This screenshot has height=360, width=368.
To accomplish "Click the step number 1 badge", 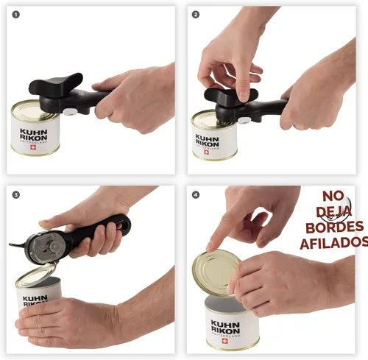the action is point(15,15).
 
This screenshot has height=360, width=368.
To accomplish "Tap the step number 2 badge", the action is point(196,15).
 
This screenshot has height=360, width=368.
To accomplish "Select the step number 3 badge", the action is point(16,195).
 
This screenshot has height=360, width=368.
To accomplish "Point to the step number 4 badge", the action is point(196,195).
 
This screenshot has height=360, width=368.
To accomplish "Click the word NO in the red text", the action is point(333,196).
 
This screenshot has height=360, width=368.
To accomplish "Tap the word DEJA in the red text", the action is point(334,211).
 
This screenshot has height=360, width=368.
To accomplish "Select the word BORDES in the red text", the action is point(335,227).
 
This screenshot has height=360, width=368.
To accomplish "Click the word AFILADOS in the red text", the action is point(334,243).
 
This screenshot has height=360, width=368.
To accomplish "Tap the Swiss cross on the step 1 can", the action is point(33,147).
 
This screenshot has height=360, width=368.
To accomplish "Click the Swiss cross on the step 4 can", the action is point(224,341).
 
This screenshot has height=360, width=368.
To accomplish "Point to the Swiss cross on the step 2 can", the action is point(207,152).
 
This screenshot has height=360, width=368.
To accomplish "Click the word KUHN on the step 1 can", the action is point(34,131).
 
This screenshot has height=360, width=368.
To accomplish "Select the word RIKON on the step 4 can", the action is point(225,330).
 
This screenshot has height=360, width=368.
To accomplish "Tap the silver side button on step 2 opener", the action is point(244,121).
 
